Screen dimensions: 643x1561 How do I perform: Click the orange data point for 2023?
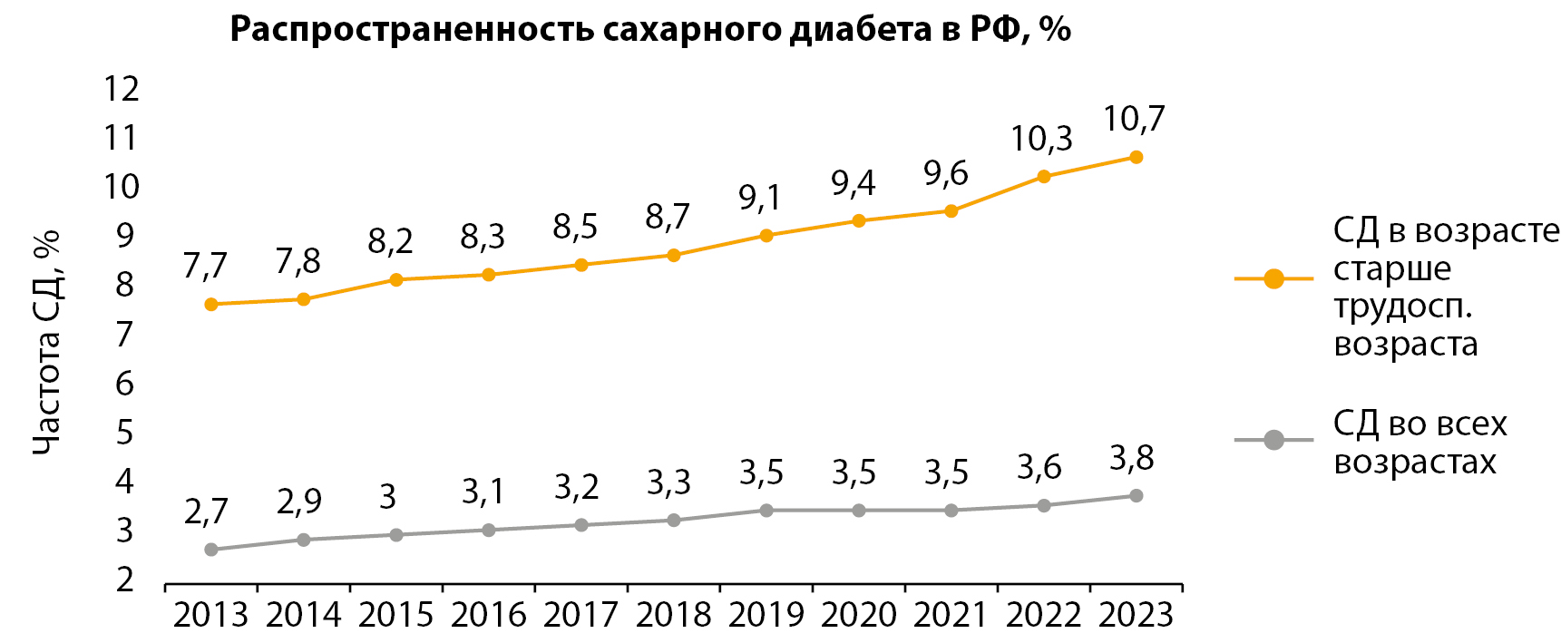(1136, 157)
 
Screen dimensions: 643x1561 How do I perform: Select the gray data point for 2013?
(211, 550)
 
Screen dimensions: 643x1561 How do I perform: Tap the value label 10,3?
(1041, 139)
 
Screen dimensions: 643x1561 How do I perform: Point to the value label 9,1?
(760, 197)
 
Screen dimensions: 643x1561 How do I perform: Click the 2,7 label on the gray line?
(206, 511)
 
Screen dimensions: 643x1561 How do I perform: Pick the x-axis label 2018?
(673, 615)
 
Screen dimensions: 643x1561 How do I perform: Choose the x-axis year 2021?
(951, 615)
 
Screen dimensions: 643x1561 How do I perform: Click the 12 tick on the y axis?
(122, 89)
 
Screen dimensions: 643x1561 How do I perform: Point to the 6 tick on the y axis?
(124, 383)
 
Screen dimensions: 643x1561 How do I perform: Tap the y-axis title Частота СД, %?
(46, 341)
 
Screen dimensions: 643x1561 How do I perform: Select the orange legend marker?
(1273, 278)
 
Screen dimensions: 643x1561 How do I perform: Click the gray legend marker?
(1273, 441)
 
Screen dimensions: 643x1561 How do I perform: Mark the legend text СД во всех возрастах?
(1419, 443)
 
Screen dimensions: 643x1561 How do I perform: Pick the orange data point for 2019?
(766, 236)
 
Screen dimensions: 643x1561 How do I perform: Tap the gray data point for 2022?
(1044, 505)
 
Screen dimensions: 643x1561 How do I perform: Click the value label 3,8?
(1132, 459)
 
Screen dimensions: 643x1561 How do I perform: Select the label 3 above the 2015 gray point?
(388, 497)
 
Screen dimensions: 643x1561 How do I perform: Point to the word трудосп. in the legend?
(1402, 307)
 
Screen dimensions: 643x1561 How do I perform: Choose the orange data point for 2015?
(396, 279)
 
